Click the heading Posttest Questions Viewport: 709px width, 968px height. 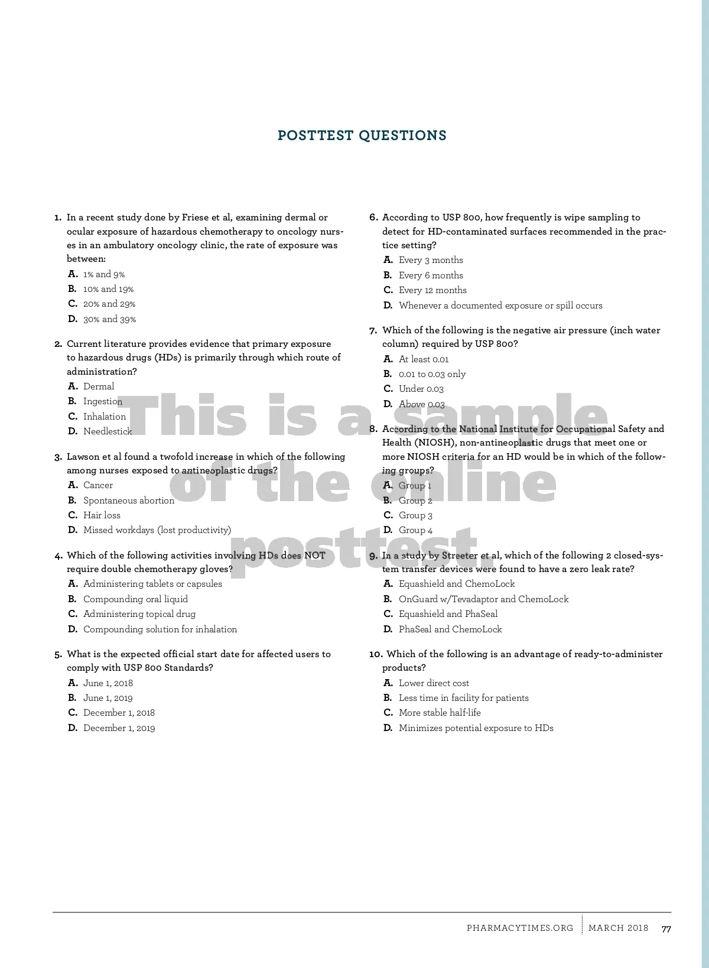(362, 135)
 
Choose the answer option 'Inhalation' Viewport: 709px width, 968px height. (104, 416)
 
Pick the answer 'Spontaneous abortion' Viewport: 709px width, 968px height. (128, 500)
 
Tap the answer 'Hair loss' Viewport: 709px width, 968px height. (102, 515)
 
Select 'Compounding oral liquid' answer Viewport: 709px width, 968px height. (135, 599)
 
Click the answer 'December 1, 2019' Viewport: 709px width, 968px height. (119, 728)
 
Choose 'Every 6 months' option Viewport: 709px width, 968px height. (431, 275)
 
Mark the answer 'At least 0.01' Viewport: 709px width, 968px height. (424, 359)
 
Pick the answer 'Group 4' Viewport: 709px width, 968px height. (415, 530)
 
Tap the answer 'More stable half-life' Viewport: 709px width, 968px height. (440, 713)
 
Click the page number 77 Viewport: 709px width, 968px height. (666, 928)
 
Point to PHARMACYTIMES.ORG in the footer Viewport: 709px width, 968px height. (519, 928)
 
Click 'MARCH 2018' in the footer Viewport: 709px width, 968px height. (618, 928)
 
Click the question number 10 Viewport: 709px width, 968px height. (376, 654)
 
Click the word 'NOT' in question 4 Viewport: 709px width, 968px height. (314, 555)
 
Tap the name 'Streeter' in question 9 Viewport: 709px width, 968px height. (459, 555)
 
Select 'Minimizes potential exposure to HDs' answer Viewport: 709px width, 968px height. (476, 728)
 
